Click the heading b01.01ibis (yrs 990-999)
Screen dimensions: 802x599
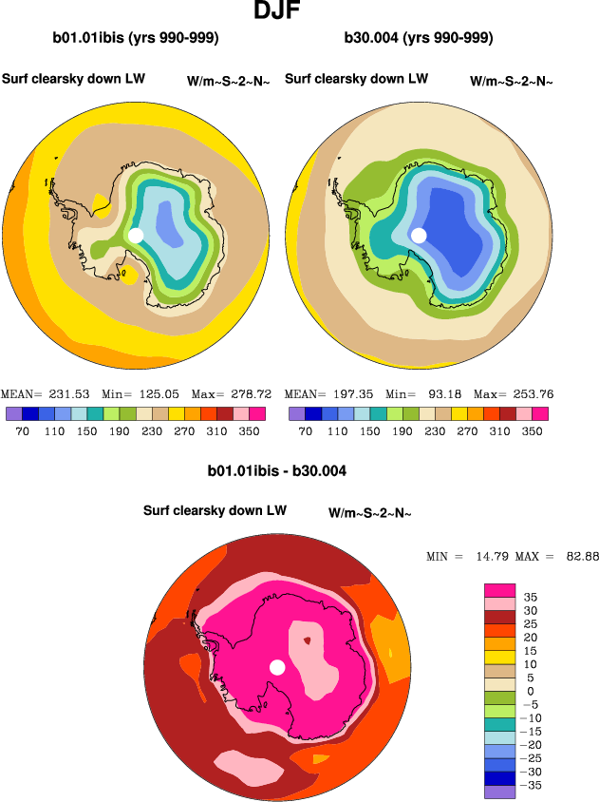[x=136, y=38]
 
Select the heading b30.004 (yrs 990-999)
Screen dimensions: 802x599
[x=420, y=38]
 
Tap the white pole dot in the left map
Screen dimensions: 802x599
[x=136, y=235]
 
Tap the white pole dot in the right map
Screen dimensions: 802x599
[x=419, y=235]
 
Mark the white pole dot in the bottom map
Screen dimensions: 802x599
[x=277, y=667]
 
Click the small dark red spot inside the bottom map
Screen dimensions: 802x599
[x=307, y=640]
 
